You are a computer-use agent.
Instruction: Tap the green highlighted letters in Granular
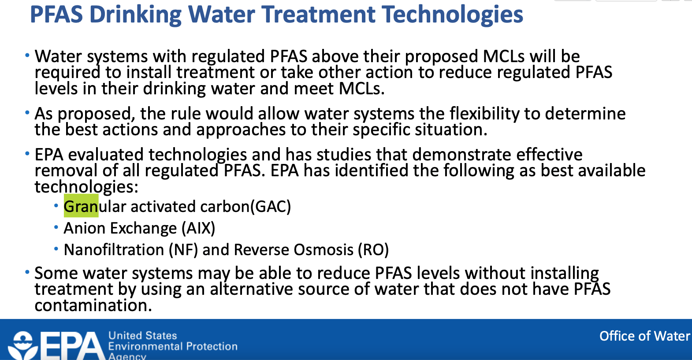tap(81, 206)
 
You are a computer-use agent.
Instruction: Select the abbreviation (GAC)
tap(271, 206)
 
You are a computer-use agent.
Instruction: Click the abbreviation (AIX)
tap(198, 228)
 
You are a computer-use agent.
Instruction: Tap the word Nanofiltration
tap(114, 250)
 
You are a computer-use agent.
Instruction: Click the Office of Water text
tap(644, 336)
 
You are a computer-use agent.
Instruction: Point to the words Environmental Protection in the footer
tap(173, 346)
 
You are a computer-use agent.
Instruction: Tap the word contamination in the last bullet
tap(93, 305)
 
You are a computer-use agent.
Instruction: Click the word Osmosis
tap(324, 250)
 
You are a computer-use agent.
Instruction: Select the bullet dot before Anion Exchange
tap(56, 227)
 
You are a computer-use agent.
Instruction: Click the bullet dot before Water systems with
tap(27, 56)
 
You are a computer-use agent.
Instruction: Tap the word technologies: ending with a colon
tap(86, 187)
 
